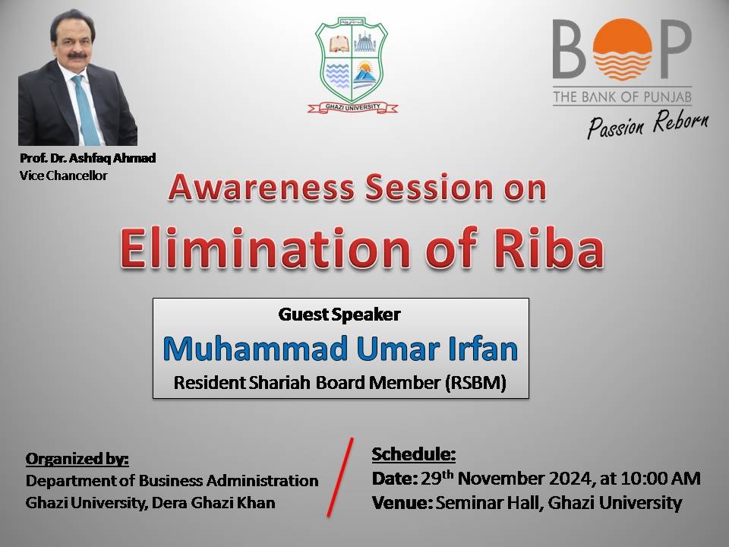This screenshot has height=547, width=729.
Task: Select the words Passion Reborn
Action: pyautogui.click(x=648, y=124)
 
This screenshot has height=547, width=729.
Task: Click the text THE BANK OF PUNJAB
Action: pyautogui.click(x=622, y=96)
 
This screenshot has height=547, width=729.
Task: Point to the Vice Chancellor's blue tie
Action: pyautogui.click(x=86, y=111)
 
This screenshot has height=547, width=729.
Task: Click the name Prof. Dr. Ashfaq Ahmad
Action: pyautogui.click(x=87, y=158)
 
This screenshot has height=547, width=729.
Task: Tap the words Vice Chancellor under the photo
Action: pyautogui.click(x=63, y=175)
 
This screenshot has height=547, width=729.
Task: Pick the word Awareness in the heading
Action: pyautogui.click(x=261, y=188)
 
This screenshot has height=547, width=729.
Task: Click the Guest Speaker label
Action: pyautogui.click(x=339, y=315)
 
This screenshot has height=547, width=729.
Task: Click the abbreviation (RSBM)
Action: pyautogui.click(x=475, y=383)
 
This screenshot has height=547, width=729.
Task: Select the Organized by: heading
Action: pyautogui.click(x=77, y=459)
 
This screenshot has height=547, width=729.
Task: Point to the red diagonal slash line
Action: pyautogui.click(x=340, y=477)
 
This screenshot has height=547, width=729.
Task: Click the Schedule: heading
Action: pyautogui.click(x=414, y=454)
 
